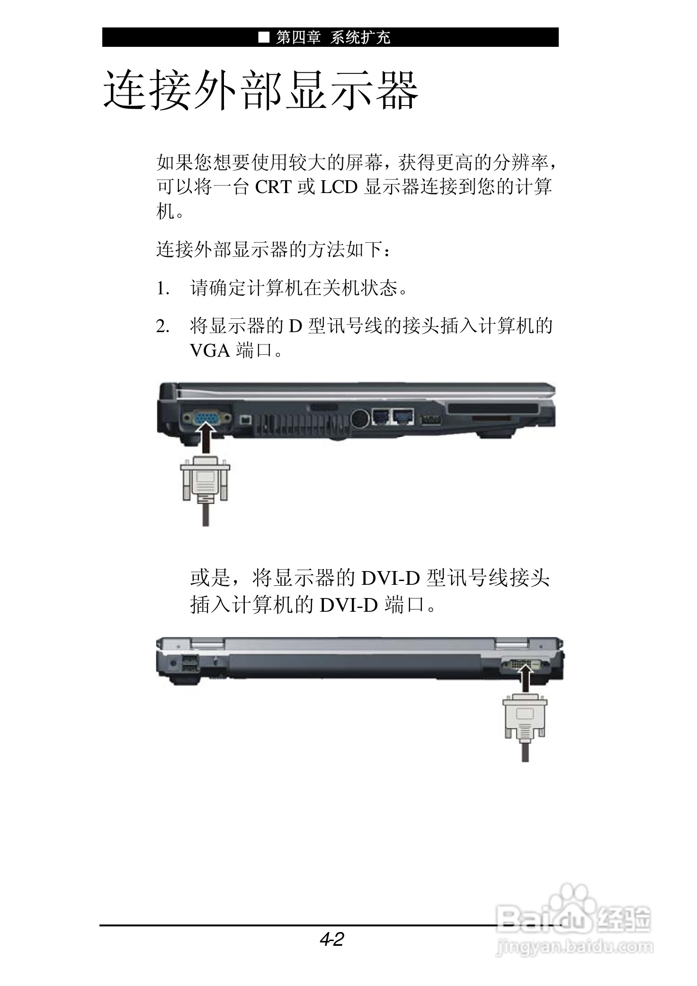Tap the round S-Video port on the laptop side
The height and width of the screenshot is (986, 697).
pyautogui.click(x=361, y=417)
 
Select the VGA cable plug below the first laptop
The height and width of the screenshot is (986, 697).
pyautogui.click(x=205, y=480)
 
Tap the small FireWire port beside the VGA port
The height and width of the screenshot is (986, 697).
pyautogui.click(x=245, y=419)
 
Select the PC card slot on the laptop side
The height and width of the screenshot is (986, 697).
pyautogui.click(x=492, y=409)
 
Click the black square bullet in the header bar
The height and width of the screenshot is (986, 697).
pyautogui.click(x=264, y=37)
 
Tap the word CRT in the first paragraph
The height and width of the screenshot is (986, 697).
pyautogui.click(x=273, y=187)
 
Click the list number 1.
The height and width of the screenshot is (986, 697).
pyautogui.click(x=162, y=288)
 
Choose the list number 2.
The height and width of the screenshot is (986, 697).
pyautogui.click(x=162, y=326)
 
